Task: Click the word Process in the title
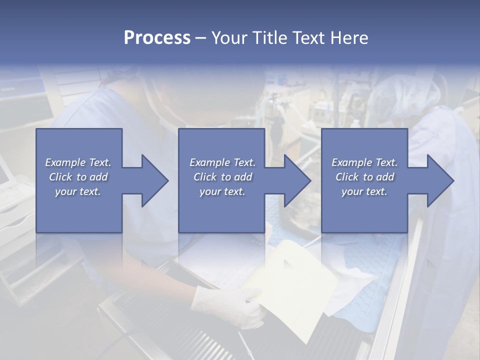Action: pos(157,38)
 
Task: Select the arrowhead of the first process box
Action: pos(153,180)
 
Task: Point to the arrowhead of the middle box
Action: pos(295,180)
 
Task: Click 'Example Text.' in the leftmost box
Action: pos(78,162)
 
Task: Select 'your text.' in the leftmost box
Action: pos(78,191)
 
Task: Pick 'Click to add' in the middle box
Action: pos(222,177)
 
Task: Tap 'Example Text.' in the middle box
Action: pos(222,162)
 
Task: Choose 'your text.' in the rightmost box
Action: pos(364,191)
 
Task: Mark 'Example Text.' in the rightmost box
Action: pos(364,162)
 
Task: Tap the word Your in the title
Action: pos(229,38)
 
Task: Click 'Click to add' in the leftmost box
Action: pos(78,177)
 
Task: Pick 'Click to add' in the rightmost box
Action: pos(364,177)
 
